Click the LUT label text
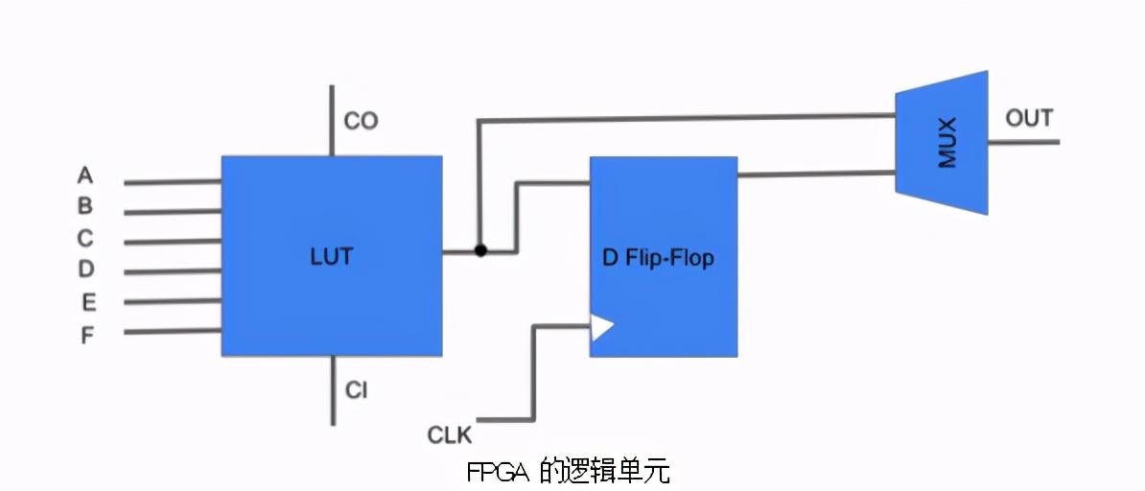point(331,257)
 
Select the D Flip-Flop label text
point(658,258)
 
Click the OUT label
point(1029,119)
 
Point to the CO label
point(361,121)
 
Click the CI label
point(356,391)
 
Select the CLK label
point(450,435)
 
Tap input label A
point(85,175)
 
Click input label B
point(85,205)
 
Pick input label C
point(85,238)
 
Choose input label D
point(85,269)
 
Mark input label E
point(87,302)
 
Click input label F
point(87,336)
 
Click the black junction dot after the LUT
point(480,251)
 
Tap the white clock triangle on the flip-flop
point(600,327)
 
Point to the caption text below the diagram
point(569,472)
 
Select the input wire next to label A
point(173,182)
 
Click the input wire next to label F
point(173,332)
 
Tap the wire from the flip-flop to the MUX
point(815,174)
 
